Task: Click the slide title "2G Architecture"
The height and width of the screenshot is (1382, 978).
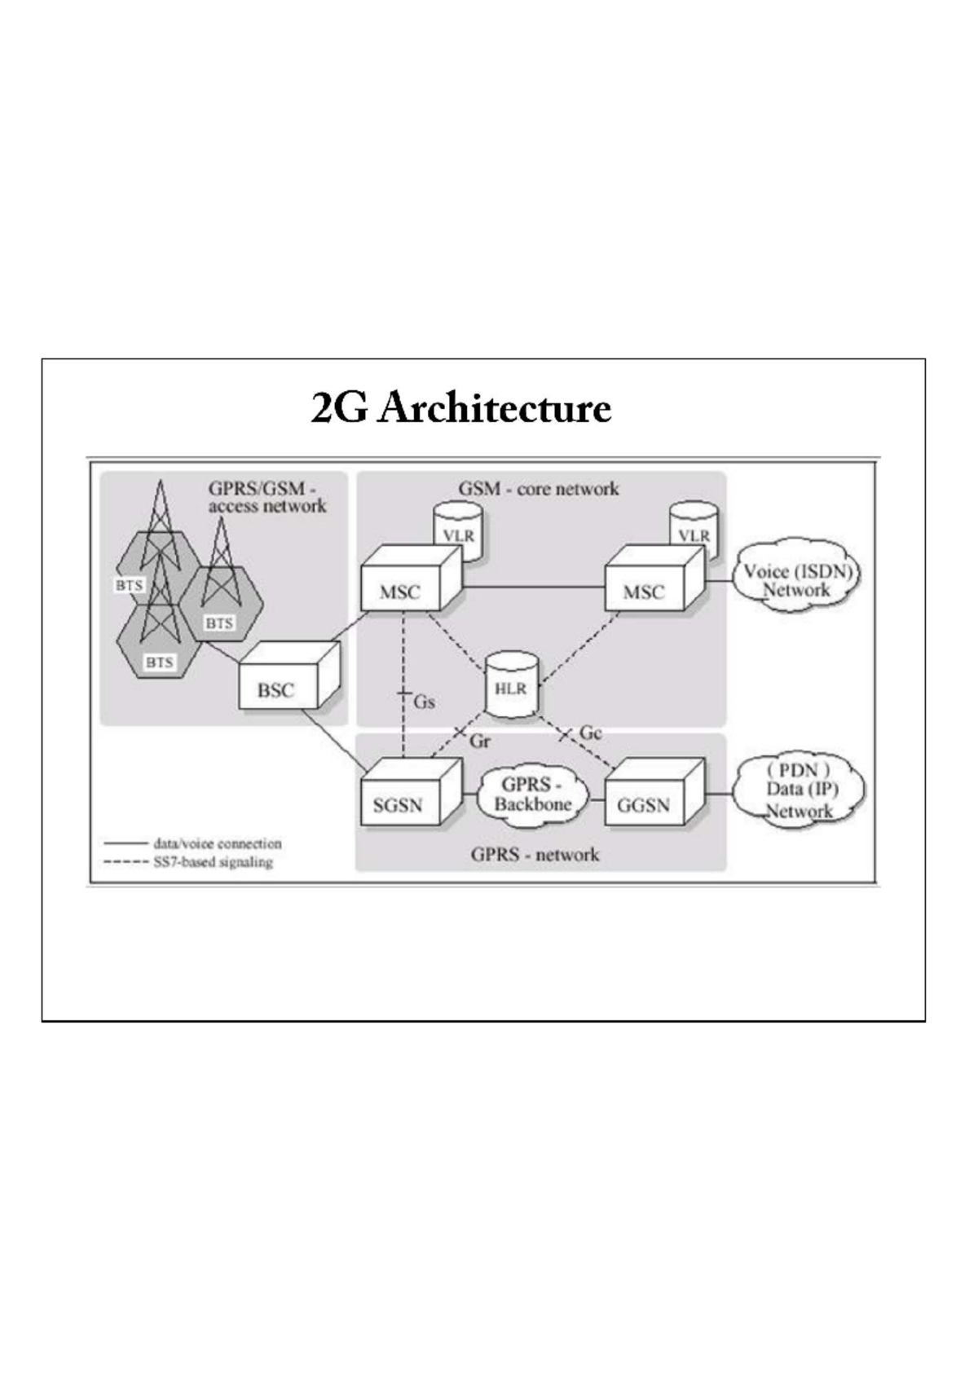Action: (460, 408)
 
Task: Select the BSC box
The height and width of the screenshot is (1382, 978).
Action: (277, 689)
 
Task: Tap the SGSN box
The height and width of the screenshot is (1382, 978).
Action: (399, 804)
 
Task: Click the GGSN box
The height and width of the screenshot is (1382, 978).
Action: (644, 804)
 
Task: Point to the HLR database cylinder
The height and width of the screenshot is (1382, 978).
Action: (511, 687)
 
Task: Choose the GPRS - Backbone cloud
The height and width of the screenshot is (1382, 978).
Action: (533, 794)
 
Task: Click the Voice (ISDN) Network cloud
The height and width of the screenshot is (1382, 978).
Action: (797, 580)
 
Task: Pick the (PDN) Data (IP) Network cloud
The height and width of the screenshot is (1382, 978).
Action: (799, 790)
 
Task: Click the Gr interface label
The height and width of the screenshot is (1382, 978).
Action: (480, 742)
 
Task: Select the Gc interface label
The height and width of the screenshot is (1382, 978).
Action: (591, 733)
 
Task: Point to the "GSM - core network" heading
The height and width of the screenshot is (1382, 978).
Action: (539, 489)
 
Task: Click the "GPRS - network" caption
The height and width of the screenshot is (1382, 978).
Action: (535, 855)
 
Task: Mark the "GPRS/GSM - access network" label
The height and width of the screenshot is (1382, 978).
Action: (267, 497)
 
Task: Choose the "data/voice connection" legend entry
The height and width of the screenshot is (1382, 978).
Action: (217, 843)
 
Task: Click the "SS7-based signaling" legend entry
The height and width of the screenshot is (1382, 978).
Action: (213, 862)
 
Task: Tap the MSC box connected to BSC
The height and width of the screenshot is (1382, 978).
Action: (400, 592)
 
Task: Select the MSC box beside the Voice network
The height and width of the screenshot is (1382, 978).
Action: (644, 592)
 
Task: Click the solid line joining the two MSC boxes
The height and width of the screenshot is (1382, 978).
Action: (534, 587)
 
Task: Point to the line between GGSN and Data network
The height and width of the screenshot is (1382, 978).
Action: (719, 794)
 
